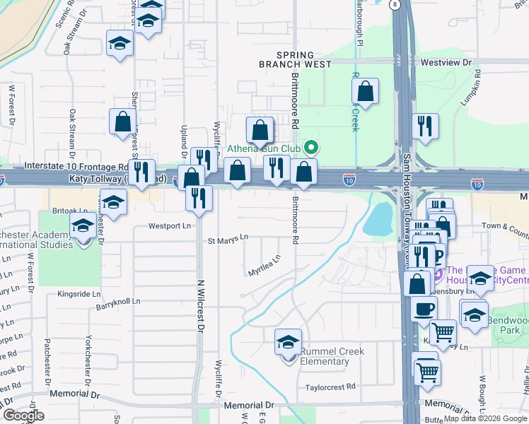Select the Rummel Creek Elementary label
click(324, 356)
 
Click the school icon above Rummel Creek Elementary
click(288, 343)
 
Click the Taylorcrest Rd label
click(330, 387)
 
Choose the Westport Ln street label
click(170, 226)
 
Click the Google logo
click(23, 416)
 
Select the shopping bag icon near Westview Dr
click(365, 91)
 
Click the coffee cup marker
click(424, 310)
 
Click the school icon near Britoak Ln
click(113, 203)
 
